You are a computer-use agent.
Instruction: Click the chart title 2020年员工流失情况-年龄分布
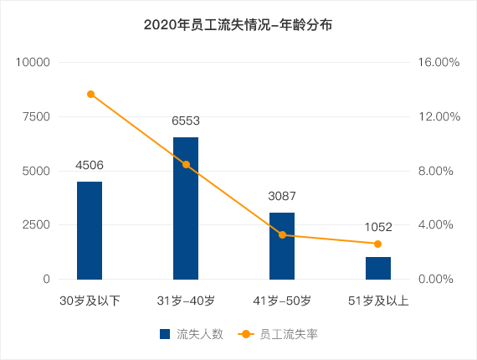[x=238, y=25]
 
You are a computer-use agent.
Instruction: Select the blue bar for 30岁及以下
[x=90, y=230]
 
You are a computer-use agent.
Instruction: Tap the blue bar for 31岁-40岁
[x=186, y=208]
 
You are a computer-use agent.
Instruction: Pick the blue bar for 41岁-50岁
[x=282, y=246]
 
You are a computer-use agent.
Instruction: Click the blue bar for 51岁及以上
[x=378, y=268]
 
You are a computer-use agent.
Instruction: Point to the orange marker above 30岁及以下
[x=90, y=95]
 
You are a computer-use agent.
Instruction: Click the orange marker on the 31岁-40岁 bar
[x=186, y=165]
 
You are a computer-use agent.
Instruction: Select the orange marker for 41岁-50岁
[x=282, y=234]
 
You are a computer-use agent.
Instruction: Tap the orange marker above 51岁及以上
[x=377, y=244]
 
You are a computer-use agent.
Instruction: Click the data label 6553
[x=186, y=121]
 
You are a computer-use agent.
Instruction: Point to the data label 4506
[x=90, y=165]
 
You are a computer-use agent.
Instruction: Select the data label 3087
[x=282, y=196]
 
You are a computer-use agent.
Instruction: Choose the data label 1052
[x=378, y=227]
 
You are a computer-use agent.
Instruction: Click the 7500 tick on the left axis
[x=36, y=116]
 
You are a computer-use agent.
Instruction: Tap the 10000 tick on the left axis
[x=33, y=63]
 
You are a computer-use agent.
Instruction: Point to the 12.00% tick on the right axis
[x=439, y=116]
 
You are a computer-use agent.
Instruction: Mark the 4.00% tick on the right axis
[x=436, y=225]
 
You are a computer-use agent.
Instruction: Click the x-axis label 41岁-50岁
[x=282, y=301]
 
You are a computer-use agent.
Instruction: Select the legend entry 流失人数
[x=192, y=334]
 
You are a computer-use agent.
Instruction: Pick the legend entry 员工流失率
[x=278, y=334]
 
